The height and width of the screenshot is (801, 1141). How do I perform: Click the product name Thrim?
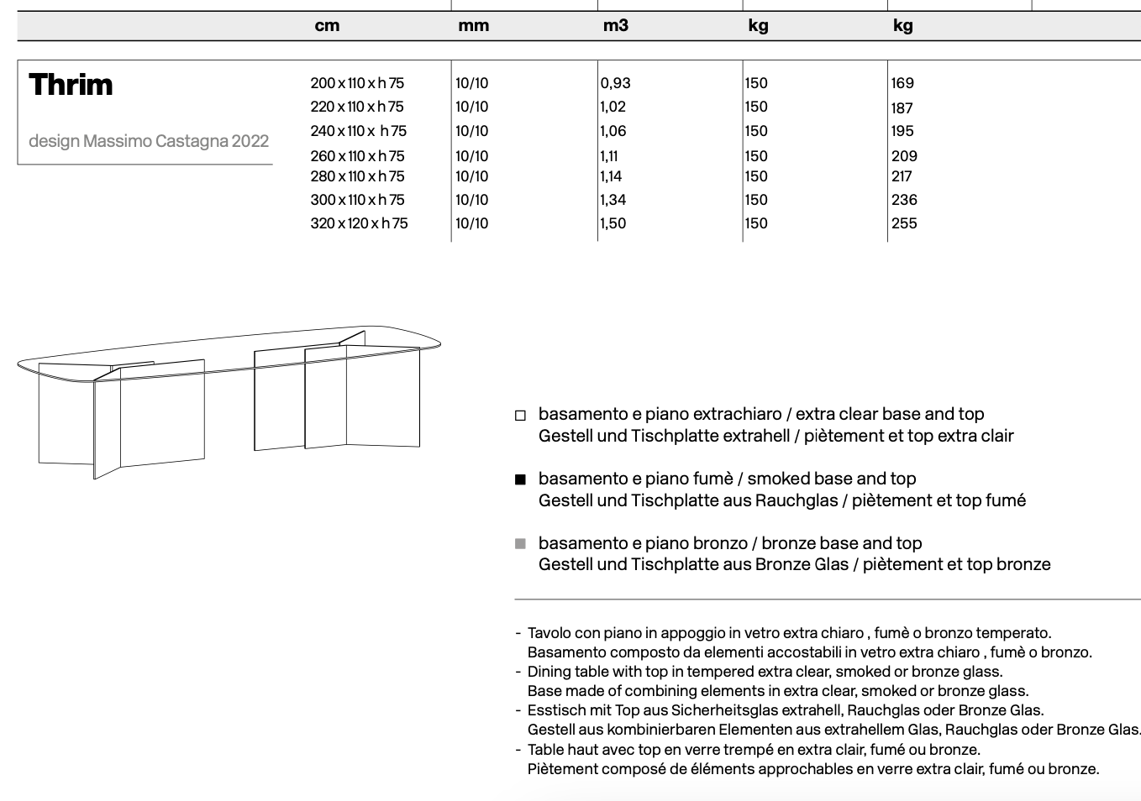(71, 85)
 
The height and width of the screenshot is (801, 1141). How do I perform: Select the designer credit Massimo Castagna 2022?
(149, 141)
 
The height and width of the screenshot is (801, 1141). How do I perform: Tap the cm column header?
(327, 26)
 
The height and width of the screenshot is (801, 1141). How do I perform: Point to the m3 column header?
(615, 26)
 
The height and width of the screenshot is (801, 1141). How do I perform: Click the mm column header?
(473, 26)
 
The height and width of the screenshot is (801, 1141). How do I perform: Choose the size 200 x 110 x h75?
(357, 83)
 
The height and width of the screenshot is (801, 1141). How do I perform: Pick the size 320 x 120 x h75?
(359, 223)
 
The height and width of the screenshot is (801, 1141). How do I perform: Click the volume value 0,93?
(616, 83)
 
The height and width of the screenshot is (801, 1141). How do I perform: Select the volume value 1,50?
(613, 223)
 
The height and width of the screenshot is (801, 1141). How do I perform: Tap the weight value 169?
(902, 83)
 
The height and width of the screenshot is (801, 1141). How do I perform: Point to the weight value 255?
(904, 223)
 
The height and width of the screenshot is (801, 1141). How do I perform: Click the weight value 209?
(904, 156)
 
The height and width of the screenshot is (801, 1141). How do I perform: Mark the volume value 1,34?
(613, 200)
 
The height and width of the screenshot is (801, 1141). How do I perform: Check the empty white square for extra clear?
(520, 415)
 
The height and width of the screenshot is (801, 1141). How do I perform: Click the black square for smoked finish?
(520, 479)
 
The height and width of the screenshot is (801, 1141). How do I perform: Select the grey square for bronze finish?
(520, 544)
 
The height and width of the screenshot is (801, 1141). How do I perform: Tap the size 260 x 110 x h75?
(357, 156)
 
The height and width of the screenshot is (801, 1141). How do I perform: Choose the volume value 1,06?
(613, 131)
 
